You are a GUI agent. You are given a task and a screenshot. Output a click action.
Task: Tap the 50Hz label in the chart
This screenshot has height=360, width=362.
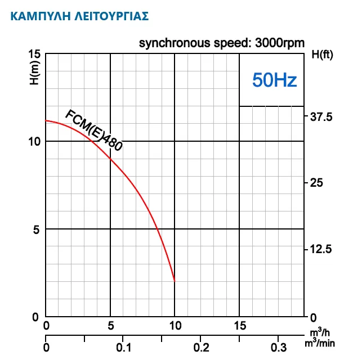274,80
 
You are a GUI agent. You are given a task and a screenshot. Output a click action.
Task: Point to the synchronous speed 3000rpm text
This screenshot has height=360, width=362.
222,43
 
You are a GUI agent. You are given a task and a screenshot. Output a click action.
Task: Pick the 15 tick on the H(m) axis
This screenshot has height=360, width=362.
34,55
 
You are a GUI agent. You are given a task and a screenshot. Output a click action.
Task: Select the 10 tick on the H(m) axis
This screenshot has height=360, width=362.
34,141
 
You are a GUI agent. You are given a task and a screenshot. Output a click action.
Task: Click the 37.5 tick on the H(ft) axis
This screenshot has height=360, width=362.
321,117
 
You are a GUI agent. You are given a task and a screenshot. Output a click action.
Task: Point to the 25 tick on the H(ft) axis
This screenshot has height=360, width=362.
317,183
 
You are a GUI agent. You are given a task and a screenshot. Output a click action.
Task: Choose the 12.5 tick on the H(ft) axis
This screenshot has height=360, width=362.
321,249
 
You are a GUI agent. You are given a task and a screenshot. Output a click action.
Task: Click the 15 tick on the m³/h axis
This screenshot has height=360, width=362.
240,326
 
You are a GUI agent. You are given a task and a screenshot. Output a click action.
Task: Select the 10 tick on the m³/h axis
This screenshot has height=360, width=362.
175,326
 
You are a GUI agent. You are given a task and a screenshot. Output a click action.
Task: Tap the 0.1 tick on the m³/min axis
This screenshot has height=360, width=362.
123,347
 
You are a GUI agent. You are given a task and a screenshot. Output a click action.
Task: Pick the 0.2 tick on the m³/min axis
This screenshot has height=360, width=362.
200,347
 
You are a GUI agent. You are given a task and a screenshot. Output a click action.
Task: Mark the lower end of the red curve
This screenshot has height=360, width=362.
175,281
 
